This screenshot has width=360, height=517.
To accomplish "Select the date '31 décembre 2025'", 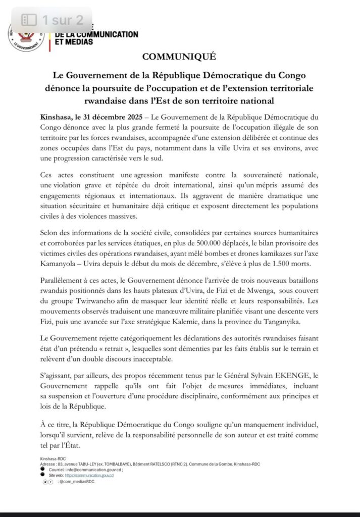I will [108, 117].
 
